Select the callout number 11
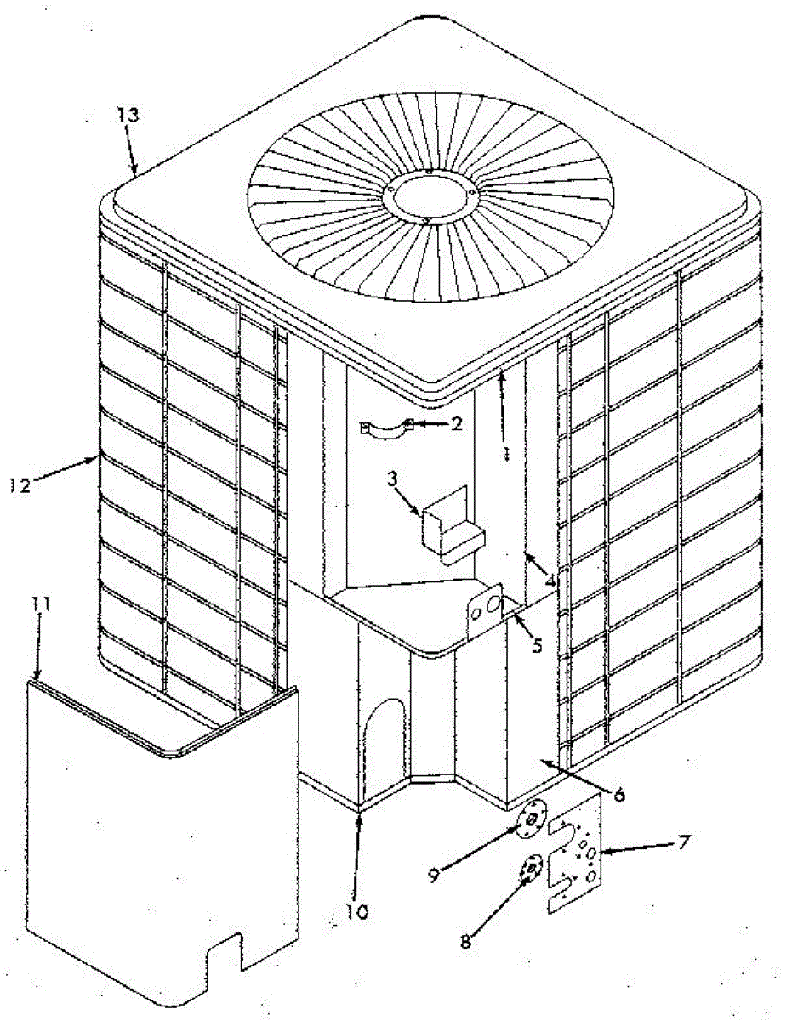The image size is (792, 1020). (41, 604)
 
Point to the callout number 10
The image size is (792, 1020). (357, 912)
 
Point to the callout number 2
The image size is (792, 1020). (457, 423)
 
